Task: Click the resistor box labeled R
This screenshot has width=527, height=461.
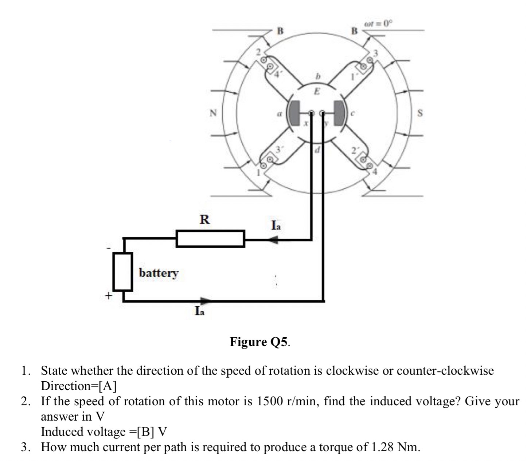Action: click(x=210, y=239)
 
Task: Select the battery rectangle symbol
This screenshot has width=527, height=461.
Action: click(x=122, y=272)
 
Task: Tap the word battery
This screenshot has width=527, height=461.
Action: click(x=159, y=273)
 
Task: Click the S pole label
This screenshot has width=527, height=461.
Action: click(x=420, y=113)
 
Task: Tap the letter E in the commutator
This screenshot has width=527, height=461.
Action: click(x=317, y=92)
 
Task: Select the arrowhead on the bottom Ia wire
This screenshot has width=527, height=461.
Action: click(x=206, y=301)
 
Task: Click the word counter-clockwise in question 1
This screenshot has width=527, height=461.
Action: click(x=445, y=371)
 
